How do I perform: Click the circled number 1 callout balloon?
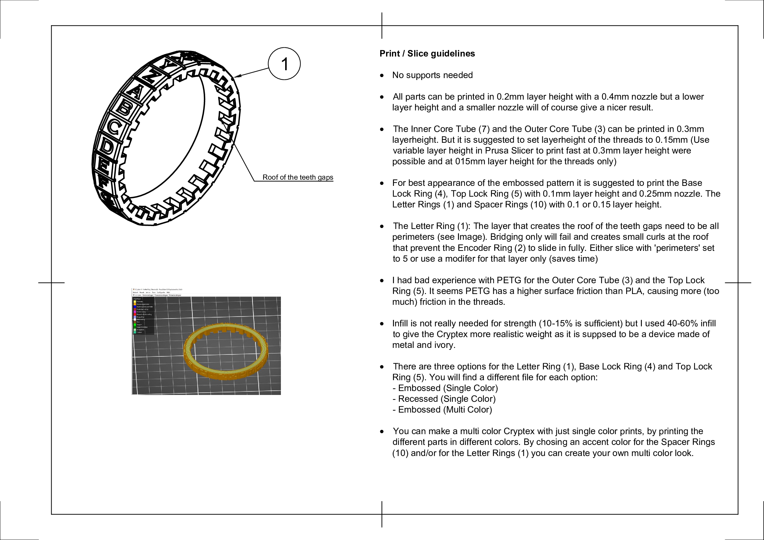pyautogui.click(x=284, y=64)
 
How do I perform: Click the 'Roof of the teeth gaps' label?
pyautogui.click(x=298, y=177)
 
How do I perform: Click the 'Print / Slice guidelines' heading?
pyautogui.click(x=427, y=54)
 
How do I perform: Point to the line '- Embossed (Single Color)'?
pyautogui.click(x=445, y=388)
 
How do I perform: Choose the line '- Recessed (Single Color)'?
pyautogui.click(x=444, y=399)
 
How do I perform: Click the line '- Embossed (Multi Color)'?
pyautogui.click(x=442, y=409)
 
